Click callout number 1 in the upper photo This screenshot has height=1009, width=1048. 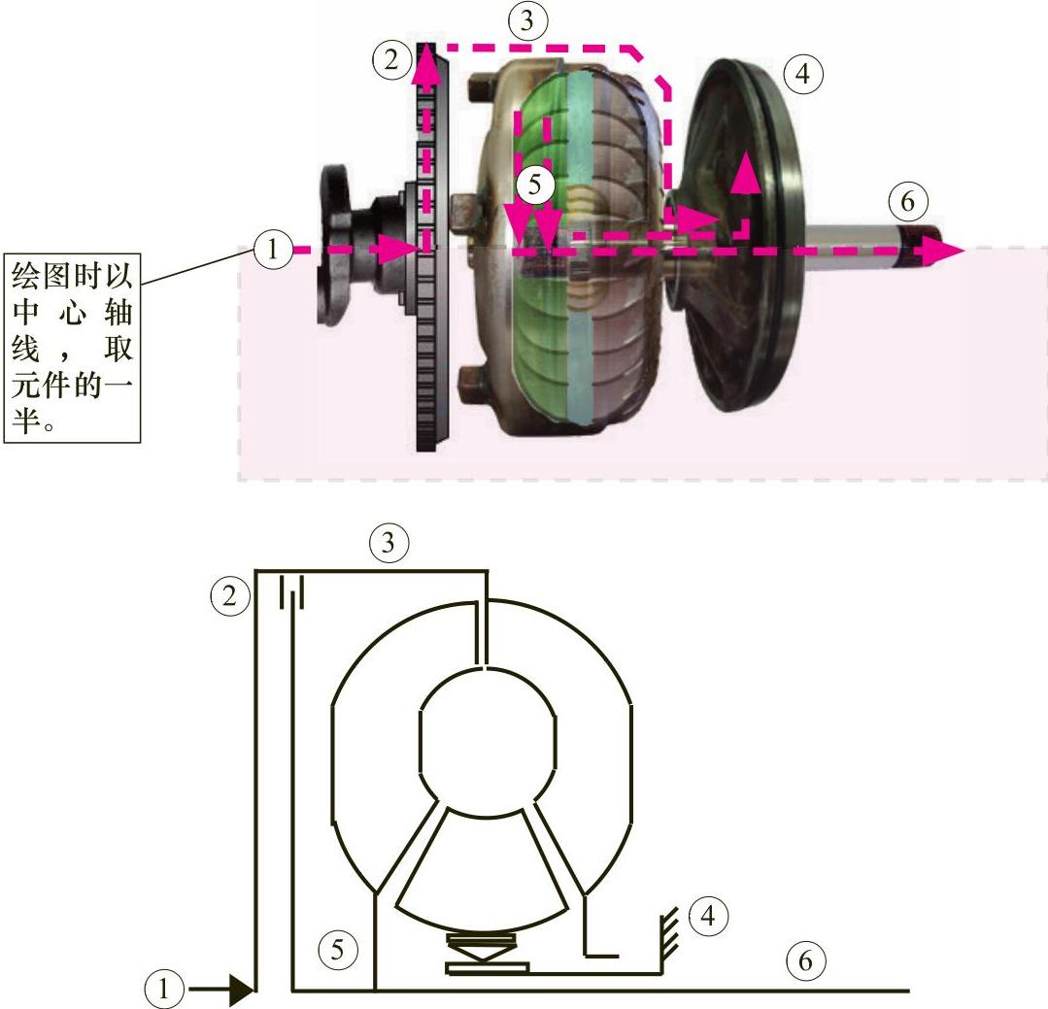(x=272, y=249)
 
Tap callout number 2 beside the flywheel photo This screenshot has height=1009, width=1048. (x=391, y=59)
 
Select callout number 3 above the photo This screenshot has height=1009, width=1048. (x=527, y=20)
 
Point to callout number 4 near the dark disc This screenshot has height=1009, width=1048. (x=802, y=74)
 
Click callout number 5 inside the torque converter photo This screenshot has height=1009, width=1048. (x=535, y=185)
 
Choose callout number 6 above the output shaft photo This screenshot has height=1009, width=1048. (x=907, y=201)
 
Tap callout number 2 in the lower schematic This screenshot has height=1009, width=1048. (x=229, y=595)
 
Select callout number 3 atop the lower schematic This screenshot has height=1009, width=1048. (x=389, y=542)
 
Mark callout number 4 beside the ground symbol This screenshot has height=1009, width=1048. (x=708, y=916)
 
